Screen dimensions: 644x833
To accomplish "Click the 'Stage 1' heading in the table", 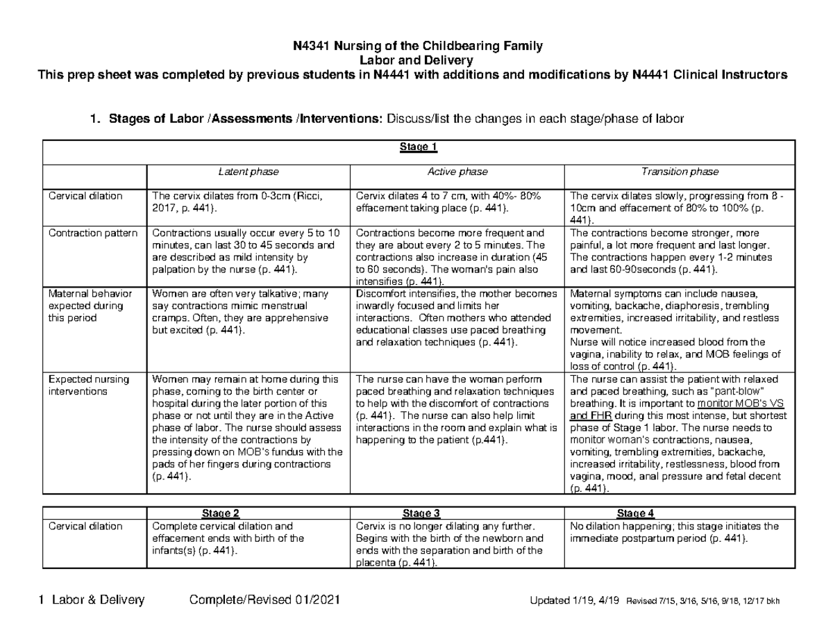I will [417, 147].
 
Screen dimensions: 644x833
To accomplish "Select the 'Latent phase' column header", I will [248, 172].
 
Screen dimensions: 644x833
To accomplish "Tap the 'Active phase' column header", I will [457, 172].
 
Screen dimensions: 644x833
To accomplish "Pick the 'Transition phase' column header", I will [679, 172].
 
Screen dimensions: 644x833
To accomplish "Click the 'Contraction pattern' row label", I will [93, 233].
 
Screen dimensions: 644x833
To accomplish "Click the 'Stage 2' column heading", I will [220, 514].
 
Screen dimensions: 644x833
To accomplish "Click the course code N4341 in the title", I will [310, 47].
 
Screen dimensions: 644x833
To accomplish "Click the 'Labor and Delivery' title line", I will [416, 61].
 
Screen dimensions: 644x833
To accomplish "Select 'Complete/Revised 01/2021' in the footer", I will [264, 600].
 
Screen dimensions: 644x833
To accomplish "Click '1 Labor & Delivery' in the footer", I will [92, 600].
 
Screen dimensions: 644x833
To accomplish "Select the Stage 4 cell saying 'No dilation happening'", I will [673, 532].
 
